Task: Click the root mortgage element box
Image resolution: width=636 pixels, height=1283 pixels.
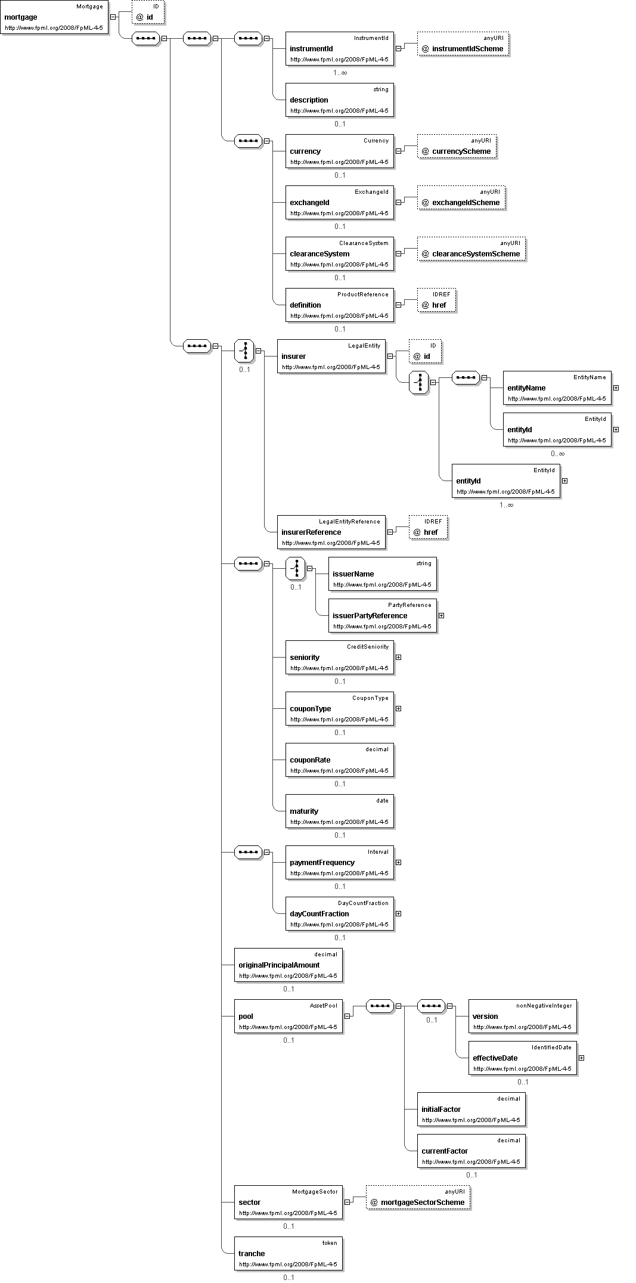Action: coord(54,17)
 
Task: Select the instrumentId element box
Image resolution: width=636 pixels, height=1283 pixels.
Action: coord(339,49)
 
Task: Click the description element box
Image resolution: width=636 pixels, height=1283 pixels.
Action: coord(339,100)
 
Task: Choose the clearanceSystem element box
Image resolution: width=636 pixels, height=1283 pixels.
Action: coord(339,254)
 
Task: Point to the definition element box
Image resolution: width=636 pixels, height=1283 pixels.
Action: coord(339,305)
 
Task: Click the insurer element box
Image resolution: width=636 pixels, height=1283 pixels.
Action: coord(331,357)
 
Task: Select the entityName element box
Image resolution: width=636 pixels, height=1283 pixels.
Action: coord(557,388)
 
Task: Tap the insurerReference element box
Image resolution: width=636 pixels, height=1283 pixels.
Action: coord(331,532)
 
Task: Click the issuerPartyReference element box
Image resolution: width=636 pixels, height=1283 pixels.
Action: coord(382,616)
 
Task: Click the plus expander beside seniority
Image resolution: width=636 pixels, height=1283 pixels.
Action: coord(398,658)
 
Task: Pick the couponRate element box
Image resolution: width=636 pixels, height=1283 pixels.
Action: coord(339,760)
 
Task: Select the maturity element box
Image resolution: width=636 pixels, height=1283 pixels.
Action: coord(339,811)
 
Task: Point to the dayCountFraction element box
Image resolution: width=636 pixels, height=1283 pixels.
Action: coord(339,914)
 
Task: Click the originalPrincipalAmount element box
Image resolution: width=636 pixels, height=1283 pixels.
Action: coord(288,965)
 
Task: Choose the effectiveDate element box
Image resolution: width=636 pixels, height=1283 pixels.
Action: coord(522,1058)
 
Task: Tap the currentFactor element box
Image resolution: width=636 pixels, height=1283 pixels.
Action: coord(471,1151)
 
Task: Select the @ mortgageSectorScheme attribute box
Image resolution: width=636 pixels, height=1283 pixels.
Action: coord(418,1198)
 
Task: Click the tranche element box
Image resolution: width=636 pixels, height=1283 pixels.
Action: coord(288,1254)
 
